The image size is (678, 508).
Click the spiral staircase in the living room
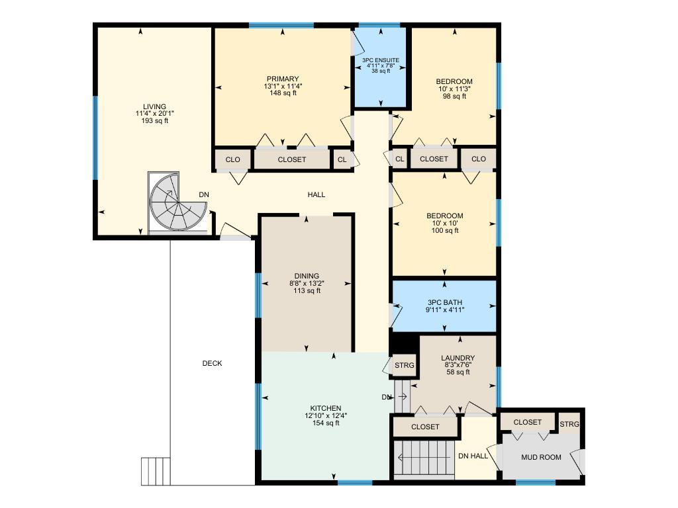click(x=177, y=203)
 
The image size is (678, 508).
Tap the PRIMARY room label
click(x=283, y=79)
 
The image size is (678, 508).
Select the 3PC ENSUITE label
click(x=381, y=60)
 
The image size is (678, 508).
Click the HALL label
click(x=316, y=195)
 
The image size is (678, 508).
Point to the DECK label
click(x=212, y=363)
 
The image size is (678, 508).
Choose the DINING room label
click(x=307, y=276)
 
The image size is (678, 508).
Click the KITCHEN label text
click(x=326, y=408)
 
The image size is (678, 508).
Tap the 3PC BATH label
click(x=444, y=302)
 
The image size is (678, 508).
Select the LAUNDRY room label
click(x=458, y=358)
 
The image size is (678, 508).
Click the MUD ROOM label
click(x=541, y=457)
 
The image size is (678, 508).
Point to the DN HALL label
click(x=473, y=456)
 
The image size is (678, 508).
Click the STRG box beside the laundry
click(x=405, y=365)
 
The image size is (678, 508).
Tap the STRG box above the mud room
click(x=569, y=424)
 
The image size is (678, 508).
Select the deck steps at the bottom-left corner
click(x=156, y=471)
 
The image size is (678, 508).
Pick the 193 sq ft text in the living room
click(x=155, y=121)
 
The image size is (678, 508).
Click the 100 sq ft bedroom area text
click(x=444, y=231)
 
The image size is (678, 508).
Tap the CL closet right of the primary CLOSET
click(x=342, y=159)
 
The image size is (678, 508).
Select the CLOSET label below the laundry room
click(x=425, y=427)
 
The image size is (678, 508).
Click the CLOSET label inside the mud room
click(x=527, y=422)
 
